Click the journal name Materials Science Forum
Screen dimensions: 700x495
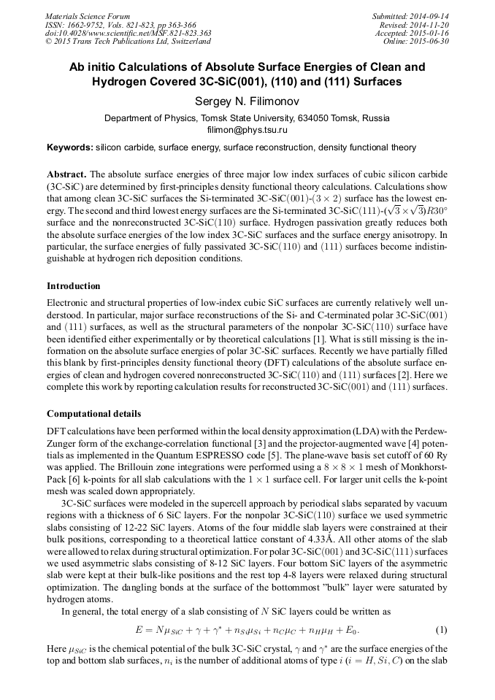88,15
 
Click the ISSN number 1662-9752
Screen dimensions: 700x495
88,24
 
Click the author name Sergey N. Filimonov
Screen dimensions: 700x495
247,100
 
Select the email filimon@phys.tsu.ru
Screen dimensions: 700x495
247,130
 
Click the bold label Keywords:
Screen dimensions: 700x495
70,147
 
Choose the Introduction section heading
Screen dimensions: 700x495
74,285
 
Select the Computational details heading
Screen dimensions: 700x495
93,414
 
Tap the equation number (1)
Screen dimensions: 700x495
441,628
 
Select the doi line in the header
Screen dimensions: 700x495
128,33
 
